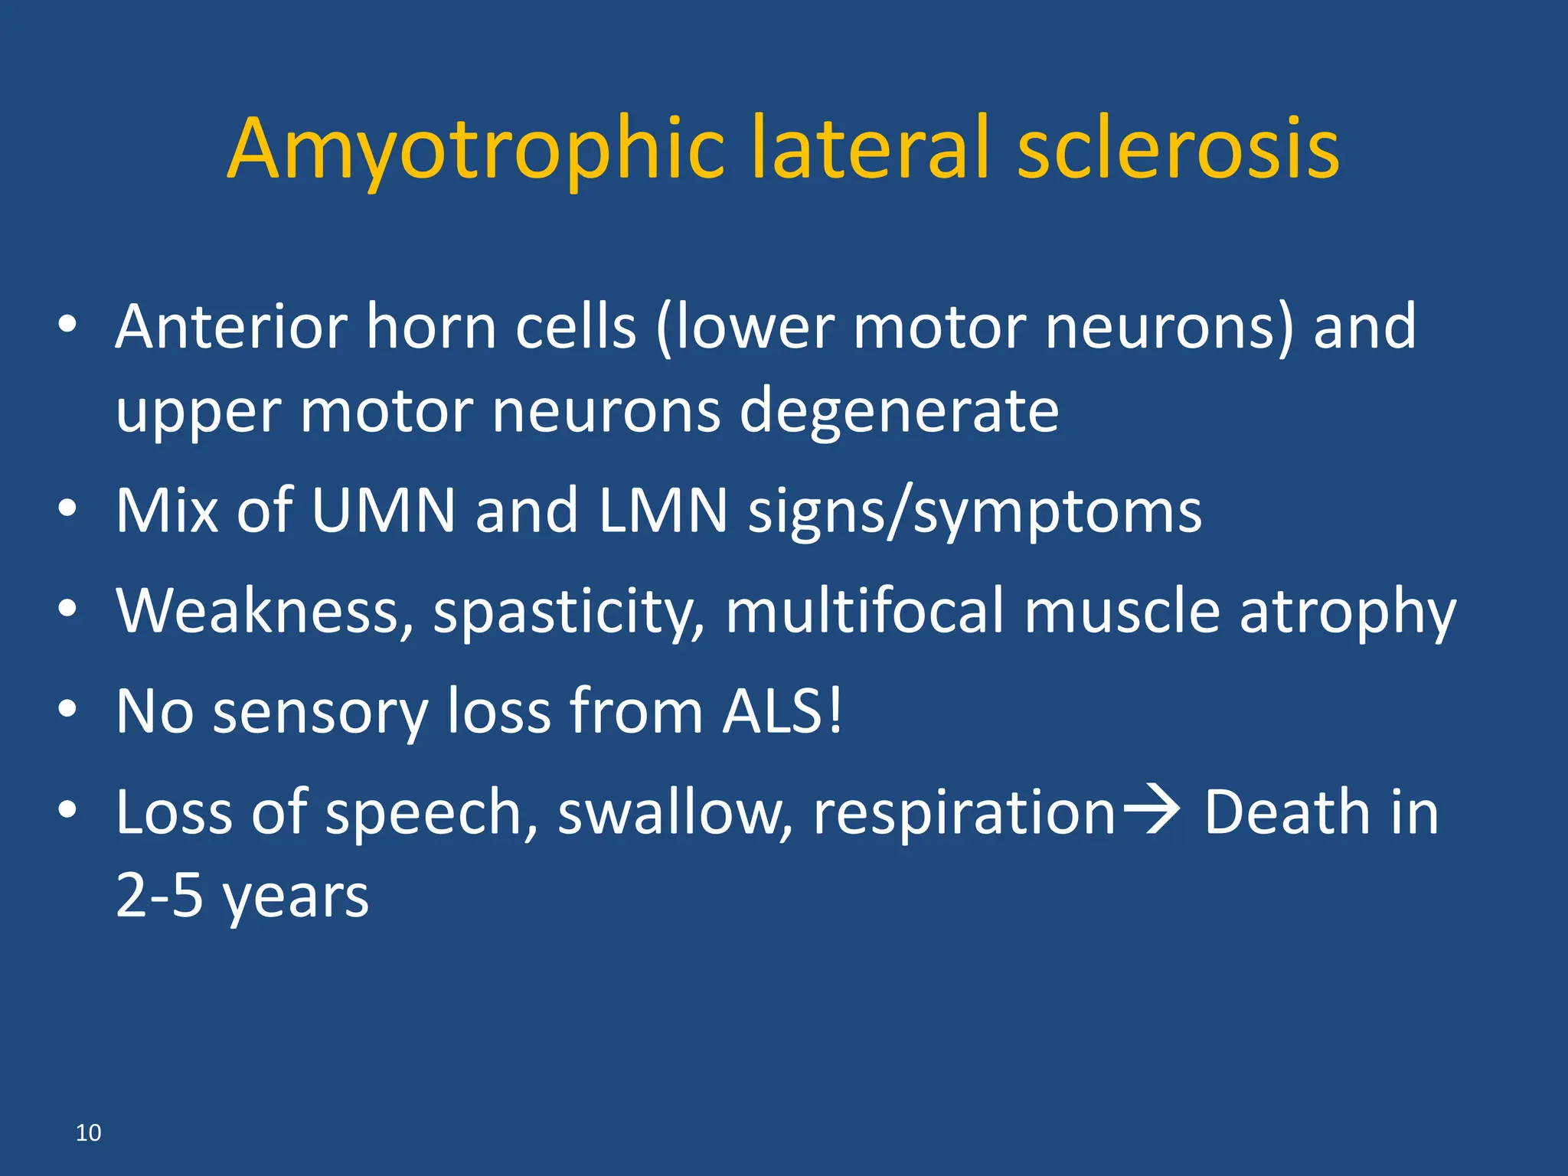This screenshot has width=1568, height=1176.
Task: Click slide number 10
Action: point(88,1132)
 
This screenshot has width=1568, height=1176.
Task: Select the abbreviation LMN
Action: point(663,511)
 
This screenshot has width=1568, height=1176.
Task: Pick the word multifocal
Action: point(864,611)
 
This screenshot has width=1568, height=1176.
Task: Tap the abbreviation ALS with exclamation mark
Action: point(782,711)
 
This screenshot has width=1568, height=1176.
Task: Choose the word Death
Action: point(1286,812)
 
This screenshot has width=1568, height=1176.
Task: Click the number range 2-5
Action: point(159,896)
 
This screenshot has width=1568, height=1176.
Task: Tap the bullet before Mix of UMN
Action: point(67,509)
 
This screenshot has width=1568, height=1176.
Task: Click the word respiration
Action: point(964,812)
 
